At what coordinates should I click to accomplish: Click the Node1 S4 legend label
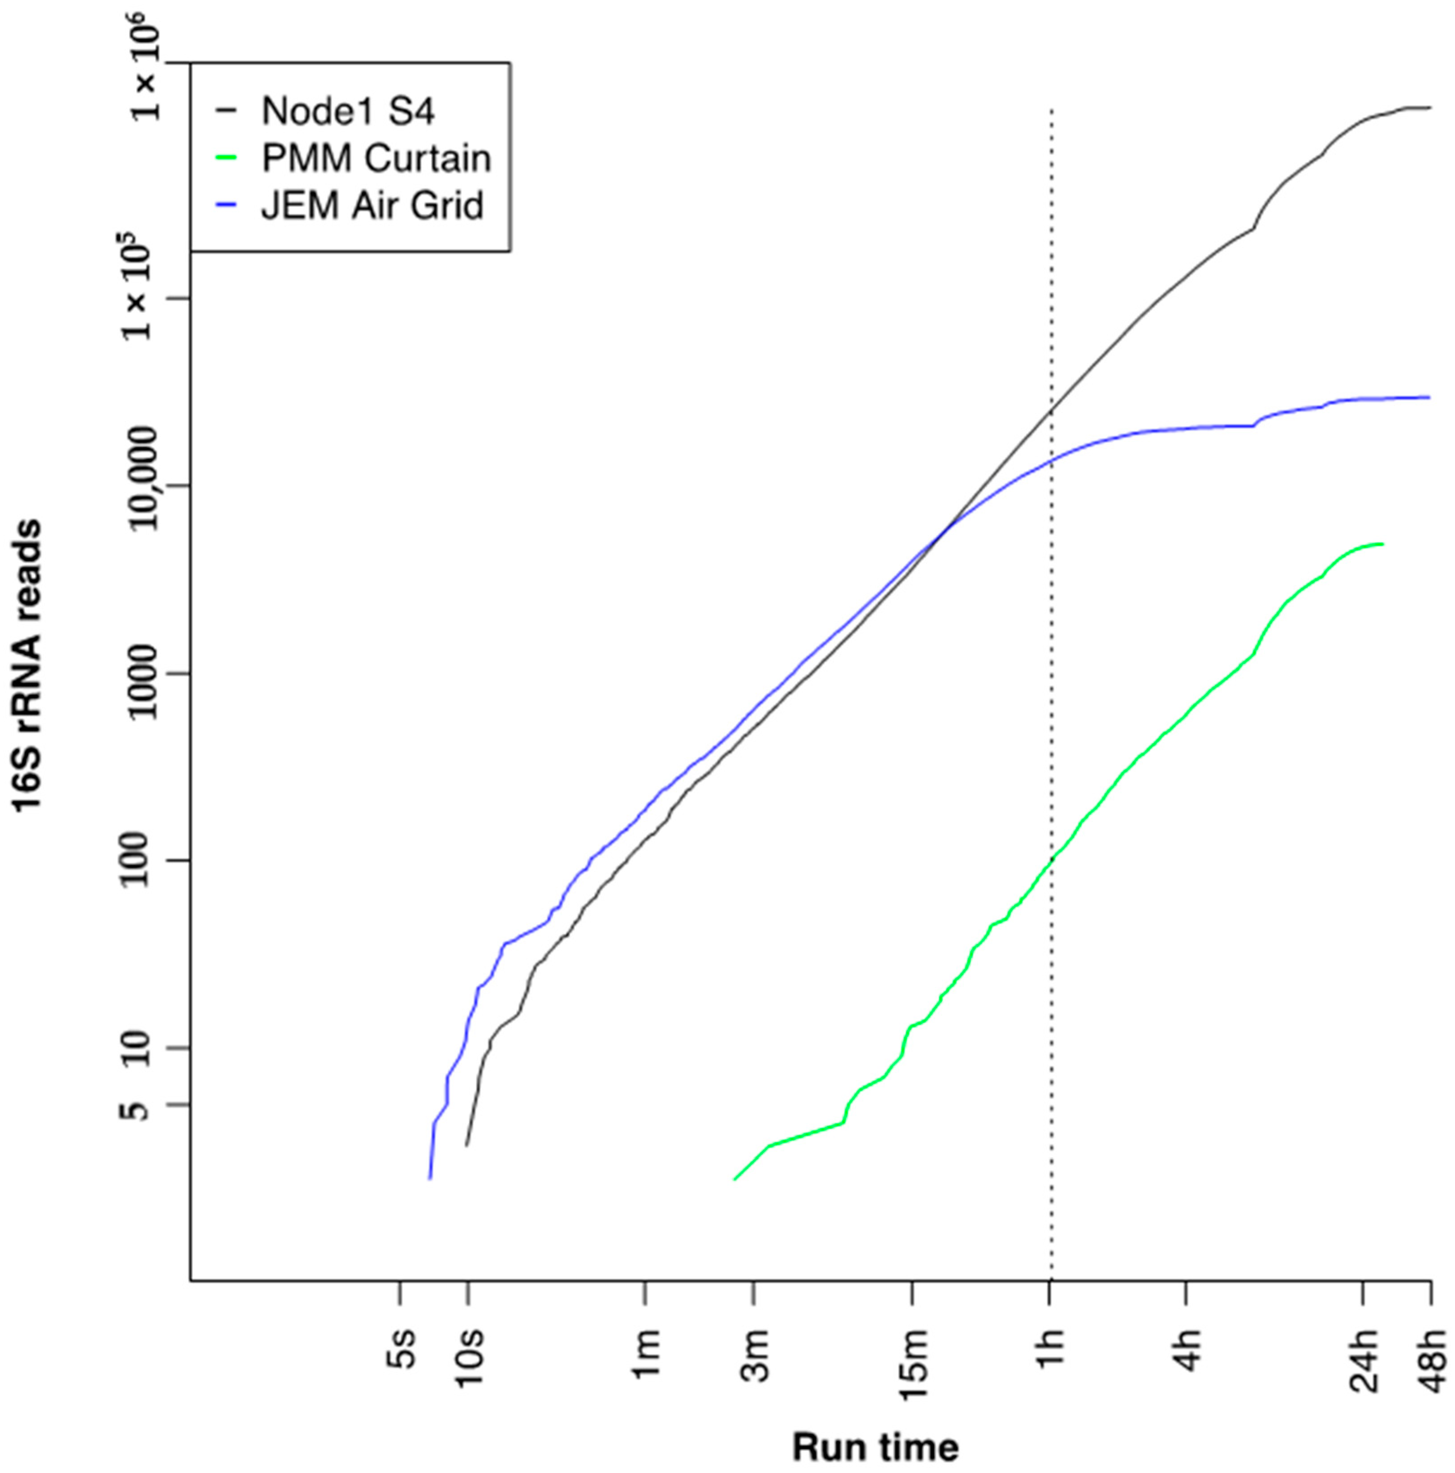348,111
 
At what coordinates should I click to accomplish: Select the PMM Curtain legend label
376,159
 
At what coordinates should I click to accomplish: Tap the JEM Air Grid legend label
372,206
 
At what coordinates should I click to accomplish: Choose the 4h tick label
1187,1348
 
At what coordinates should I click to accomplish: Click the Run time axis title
875,1446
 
